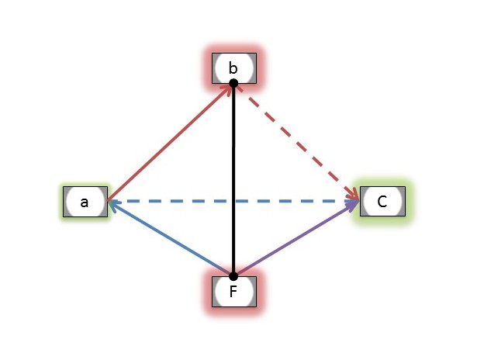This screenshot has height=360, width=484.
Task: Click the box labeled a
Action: (x=85, y=202)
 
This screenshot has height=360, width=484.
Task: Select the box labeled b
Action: (x=234, y=68)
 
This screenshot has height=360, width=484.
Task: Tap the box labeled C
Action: (x=382, y=201)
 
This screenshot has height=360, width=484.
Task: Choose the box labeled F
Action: (x=234, y=292)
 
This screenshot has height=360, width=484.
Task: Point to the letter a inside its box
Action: (x=84, y=202)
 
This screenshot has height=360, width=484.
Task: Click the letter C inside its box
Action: (x=382, y=202)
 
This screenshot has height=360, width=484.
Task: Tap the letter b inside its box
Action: (x=233, y=68)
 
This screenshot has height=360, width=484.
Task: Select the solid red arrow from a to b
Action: (x=169, y=142)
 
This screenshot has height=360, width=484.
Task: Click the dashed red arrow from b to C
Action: (x=297, y=142)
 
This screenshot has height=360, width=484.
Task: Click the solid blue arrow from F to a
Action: (x=171, y=237)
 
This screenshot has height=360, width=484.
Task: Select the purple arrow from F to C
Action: (x=296, y=238)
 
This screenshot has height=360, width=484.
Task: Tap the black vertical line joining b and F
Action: (x=233, y=179)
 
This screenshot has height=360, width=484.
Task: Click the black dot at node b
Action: (x=233, y=83)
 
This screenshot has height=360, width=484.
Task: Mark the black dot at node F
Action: (x=233, y=276)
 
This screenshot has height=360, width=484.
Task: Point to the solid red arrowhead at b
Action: (x=227, y=88)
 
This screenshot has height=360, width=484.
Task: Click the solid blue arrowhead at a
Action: (x=113, y=205)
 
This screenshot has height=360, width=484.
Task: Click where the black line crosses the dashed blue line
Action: (x=233, y=201)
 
